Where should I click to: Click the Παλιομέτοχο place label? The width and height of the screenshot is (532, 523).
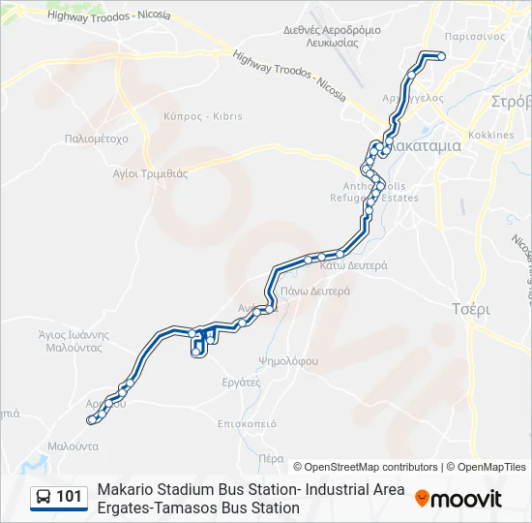[96, 138]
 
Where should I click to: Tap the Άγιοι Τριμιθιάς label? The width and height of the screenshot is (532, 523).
[150, 174]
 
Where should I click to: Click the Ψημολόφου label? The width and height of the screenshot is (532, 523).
[288, 361]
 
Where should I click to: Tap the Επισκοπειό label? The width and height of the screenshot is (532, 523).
[248, 423]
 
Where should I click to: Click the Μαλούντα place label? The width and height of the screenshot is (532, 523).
[74, 446]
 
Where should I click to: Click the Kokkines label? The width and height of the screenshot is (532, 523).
[491, 136]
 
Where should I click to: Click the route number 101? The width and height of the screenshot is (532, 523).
[70, 497]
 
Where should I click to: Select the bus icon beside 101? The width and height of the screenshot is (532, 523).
[44, 498]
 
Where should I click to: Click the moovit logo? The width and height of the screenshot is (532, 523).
[458, 499]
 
